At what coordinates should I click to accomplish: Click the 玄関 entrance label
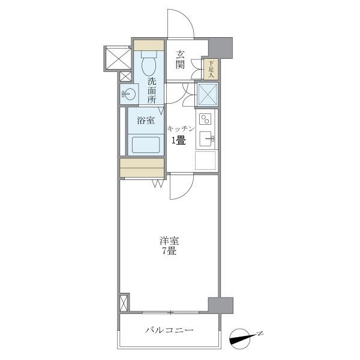click(180, 60)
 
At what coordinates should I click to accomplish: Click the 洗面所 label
click(152, 91)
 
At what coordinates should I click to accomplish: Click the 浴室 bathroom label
click(146, 120)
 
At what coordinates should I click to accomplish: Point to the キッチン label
click(181, 128)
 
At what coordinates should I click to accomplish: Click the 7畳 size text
click(169, 252)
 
